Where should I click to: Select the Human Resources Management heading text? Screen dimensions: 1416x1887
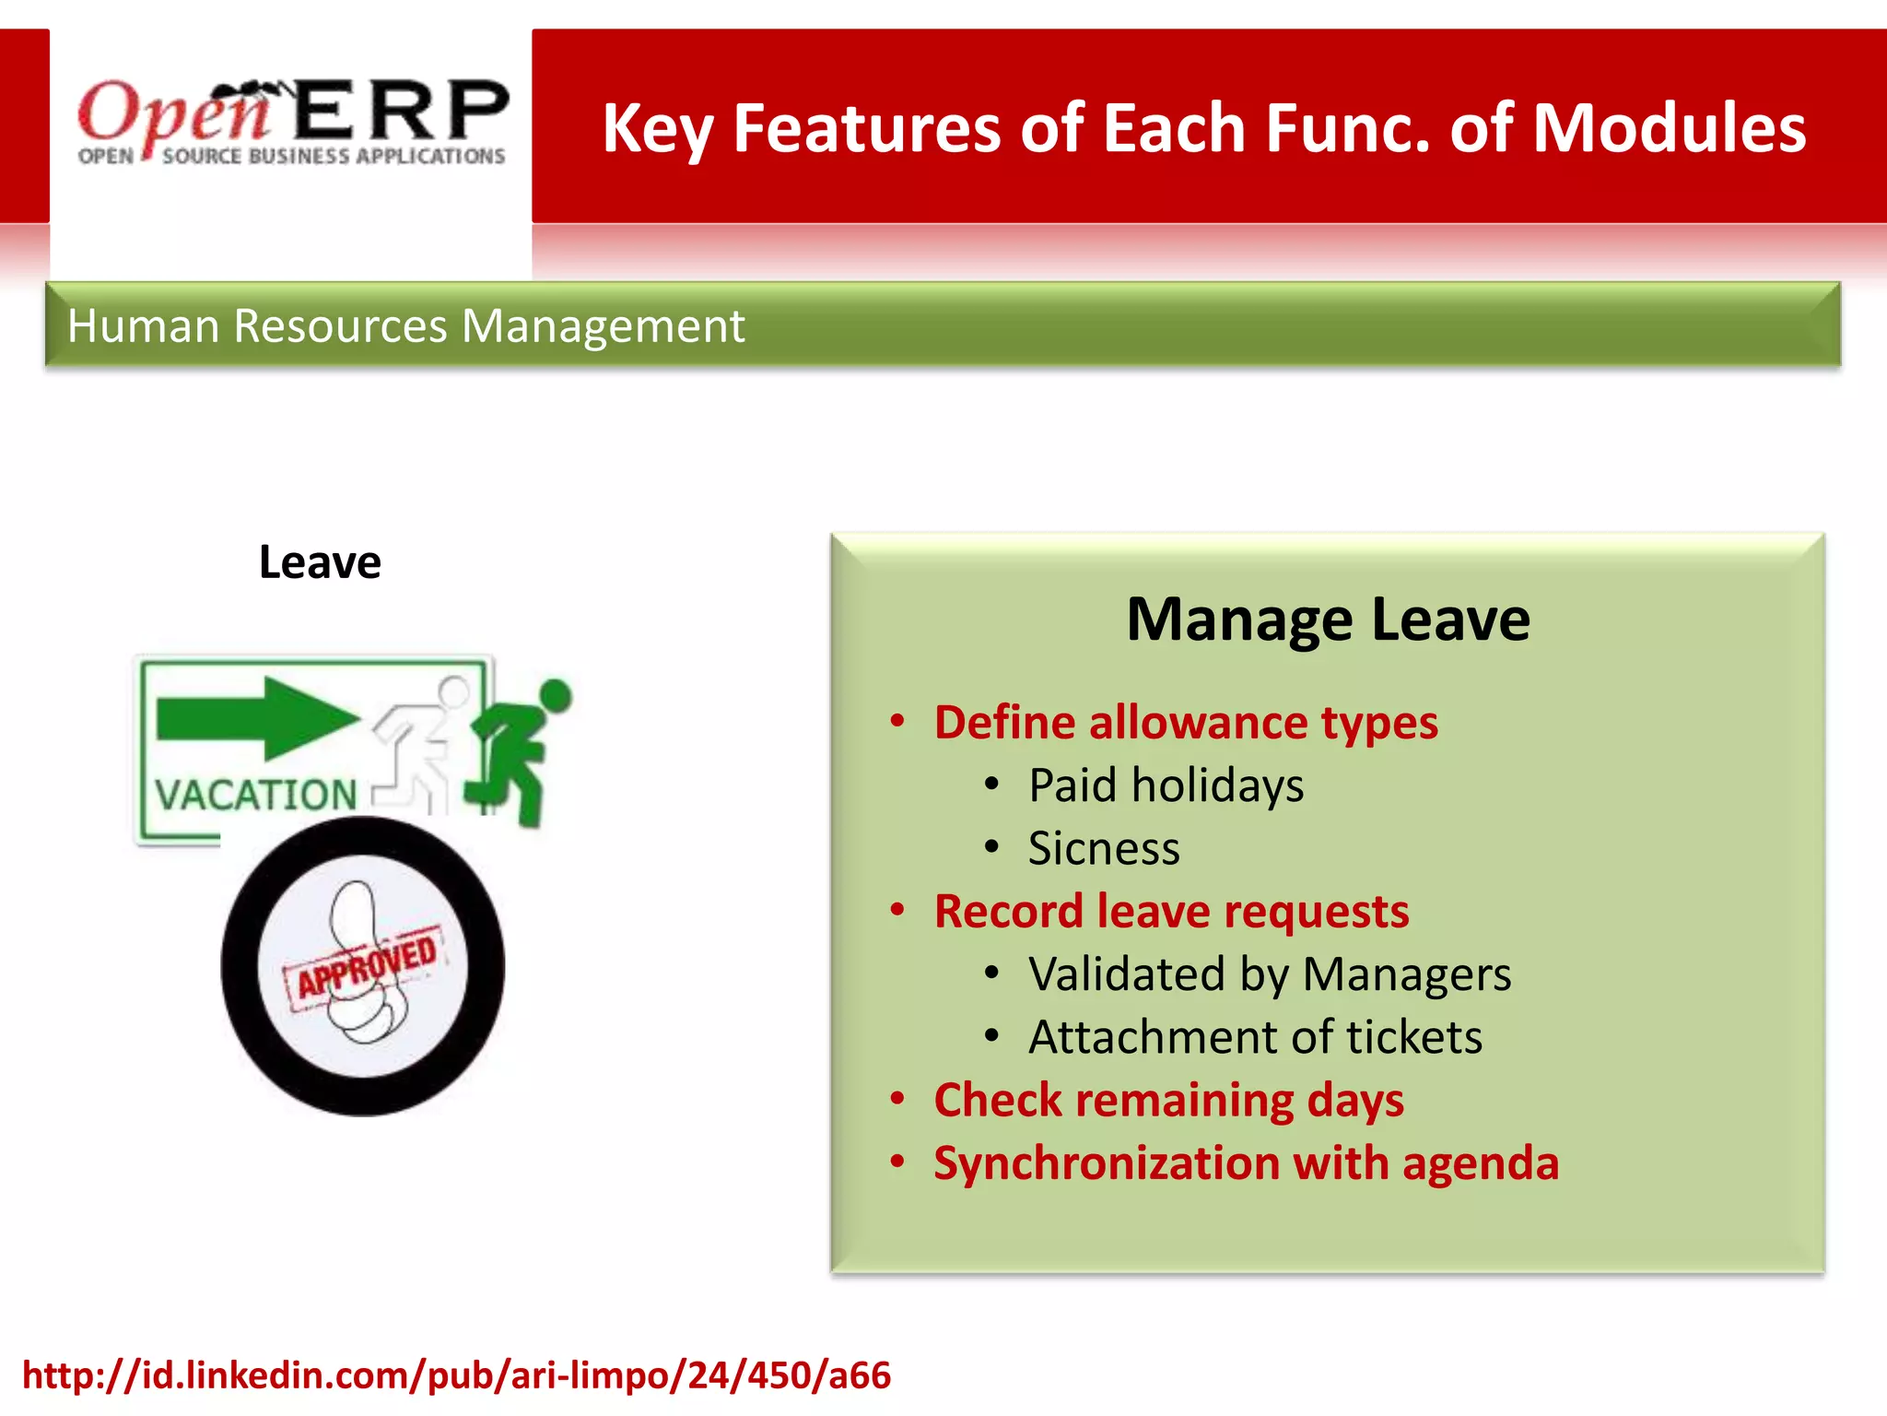tap(405, 326)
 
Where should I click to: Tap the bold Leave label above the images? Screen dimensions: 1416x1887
tap(320, 562)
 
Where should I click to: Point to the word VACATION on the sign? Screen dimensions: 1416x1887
tap(256, 795)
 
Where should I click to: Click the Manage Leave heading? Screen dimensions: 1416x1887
tap(1328, 619)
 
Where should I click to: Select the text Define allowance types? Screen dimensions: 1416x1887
tap(1186, 722)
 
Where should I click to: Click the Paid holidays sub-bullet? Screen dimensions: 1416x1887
tap(1166, 785)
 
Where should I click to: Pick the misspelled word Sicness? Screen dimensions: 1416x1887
tap(1103, 848)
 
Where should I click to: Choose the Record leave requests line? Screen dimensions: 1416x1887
tap(1171, 911)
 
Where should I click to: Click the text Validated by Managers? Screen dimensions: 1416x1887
tap(1270, 974)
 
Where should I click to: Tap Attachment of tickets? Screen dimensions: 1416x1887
tap(1255, 1037)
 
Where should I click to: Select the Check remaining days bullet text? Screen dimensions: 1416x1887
tap(1168, 1100)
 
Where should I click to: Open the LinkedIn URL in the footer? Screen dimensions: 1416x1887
tap(456, 1375)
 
